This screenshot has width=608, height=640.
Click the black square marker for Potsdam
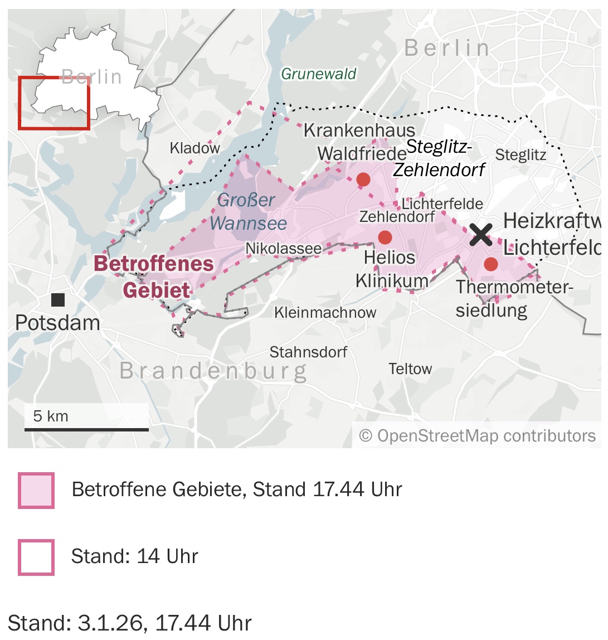point(58,300)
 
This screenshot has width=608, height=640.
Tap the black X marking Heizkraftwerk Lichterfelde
point(480,234)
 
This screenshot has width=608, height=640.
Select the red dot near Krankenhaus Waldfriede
point(363,180)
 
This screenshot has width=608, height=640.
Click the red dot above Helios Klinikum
point(385,237)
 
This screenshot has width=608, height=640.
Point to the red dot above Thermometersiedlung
point(490,264)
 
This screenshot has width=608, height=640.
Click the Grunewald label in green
point(318,74)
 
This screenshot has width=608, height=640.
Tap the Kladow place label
point(194,148)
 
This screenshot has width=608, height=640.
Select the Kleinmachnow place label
point(325,313)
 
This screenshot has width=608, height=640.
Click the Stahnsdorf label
point(308,352)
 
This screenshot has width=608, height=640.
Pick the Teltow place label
point(410,369)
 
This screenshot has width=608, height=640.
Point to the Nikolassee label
point(283,249)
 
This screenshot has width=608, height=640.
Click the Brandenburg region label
point(213,371)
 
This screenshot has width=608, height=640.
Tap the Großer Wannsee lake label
point(248,212)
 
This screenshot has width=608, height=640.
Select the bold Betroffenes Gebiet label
point(154,277)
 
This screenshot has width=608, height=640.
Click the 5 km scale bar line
point(86,429)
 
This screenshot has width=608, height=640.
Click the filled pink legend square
point(36,491)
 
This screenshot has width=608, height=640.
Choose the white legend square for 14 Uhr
point(36,557)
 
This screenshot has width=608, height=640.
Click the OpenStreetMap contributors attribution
point(478,436)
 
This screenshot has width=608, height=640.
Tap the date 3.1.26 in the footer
point(111,623)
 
